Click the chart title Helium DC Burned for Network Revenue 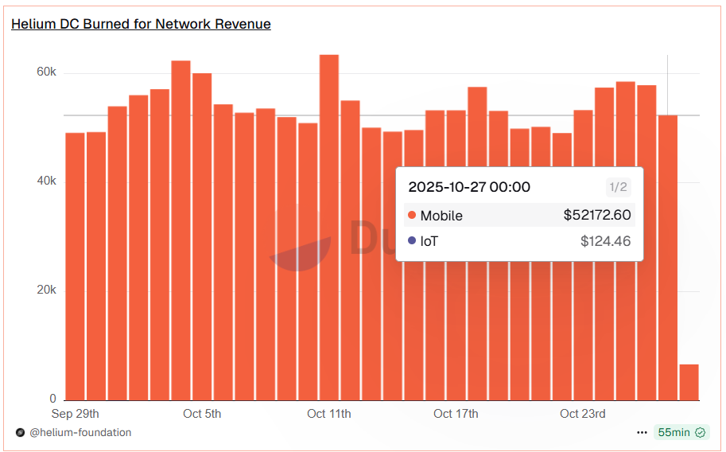coord(141,24)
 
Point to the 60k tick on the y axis coord(47,72)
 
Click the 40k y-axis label coord(47,181)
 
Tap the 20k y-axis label coord(47,290)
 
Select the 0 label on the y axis coord(52,399)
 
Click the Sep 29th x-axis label coord(76,414)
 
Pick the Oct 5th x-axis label coord(202,414)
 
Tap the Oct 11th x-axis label coord(329,414)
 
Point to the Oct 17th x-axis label coord(456,414)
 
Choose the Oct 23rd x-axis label coord(583,414)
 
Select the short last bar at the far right coord(689,382)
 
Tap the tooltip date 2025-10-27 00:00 coord(469,188)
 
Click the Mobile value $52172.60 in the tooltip coord(597,215)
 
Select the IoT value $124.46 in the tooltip coord(605,240)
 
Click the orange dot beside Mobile coord(411,216)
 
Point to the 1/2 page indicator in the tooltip coord(618,188)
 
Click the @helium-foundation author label coord(80,432)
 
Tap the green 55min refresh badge coord(681,432)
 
